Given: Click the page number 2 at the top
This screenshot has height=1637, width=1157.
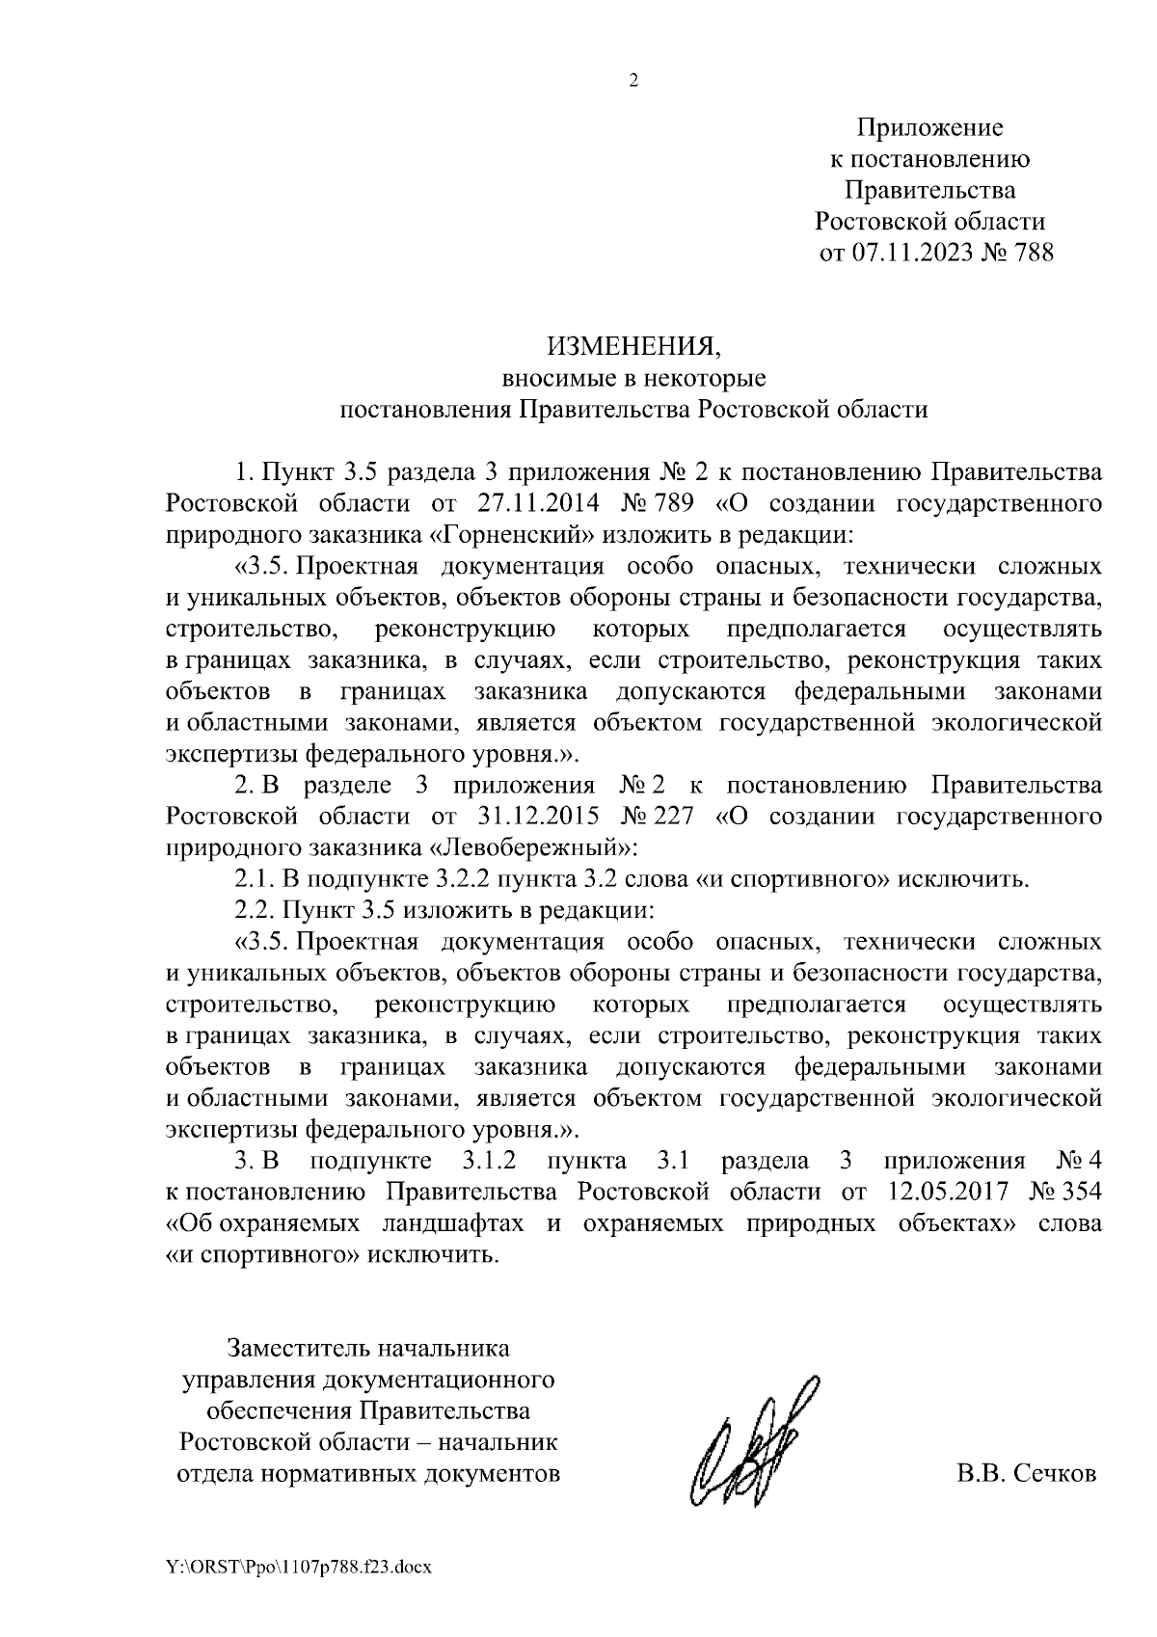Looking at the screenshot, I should tap(633, 81).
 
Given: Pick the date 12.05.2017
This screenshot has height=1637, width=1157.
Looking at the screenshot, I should tap(946, 1192).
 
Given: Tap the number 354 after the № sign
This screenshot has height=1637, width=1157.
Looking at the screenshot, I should tap(1079, 1192).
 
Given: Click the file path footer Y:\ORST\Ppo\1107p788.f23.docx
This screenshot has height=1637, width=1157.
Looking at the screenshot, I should tap(298, 1568).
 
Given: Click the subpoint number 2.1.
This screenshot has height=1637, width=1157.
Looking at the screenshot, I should tap(253, 879).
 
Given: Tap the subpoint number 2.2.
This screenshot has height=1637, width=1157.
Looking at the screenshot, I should tap(253, 910).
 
